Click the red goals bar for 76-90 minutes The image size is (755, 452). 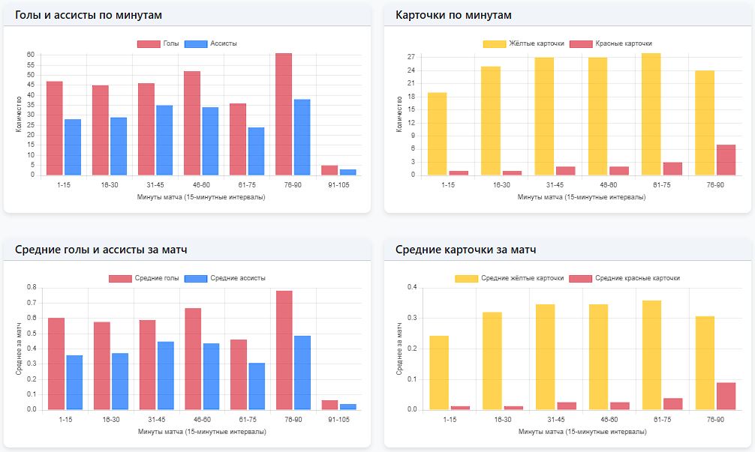click(284, 114)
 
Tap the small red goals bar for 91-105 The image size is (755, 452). click(329, 170)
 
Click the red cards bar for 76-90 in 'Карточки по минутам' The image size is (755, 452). click(725, 160)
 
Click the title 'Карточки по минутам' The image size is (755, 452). click(453, 15)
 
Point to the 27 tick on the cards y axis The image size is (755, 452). click(411, 57)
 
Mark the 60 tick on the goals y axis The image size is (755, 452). click(31, 55)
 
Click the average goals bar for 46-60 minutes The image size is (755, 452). click(193, 359)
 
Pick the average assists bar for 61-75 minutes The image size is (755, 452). click(257, 386)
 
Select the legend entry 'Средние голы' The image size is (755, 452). click(144, 278)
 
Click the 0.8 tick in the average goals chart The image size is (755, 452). click(31, 287)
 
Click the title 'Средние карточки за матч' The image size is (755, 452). click(465, 250)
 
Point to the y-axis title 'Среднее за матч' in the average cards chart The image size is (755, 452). click(399, 348)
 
